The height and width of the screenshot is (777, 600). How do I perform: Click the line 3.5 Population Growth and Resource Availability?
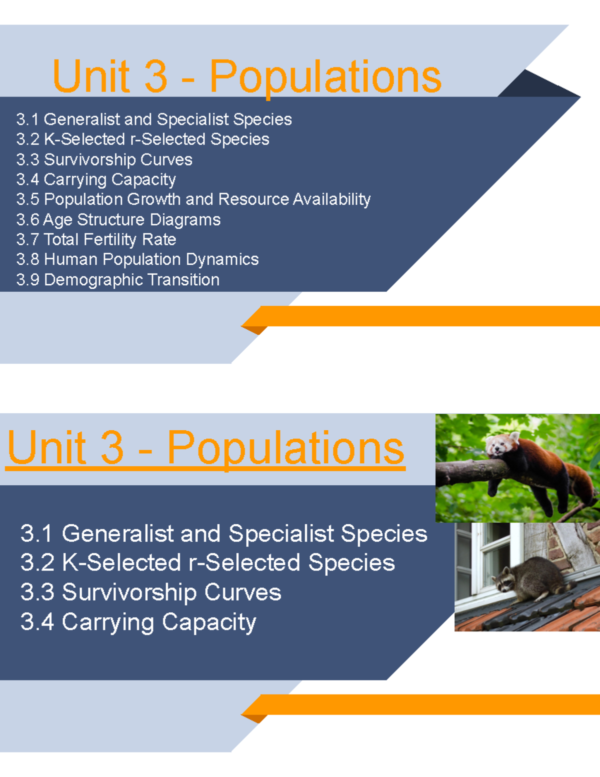point(193,199)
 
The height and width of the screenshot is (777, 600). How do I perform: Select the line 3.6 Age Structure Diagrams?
point(118,220)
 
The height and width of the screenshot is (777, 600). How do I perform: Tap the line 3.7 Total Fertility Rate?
point(96,240)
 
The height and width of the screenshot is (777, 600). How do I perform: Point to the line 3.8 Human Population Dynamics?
point(137,260)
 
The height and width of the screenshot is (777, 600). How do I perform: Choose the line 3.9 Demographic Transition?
point(117,280)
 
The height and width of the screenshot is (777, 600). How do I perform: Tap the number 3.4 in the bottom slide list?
point(37,622)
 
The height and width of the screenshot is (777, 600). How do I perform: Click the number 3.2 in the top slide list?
point(27,139)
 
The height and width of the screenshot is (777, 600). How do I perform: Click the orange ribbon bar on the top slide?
point(425,316)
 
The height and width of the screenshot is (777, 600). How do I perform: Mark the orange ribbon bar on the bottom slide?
point(425,704)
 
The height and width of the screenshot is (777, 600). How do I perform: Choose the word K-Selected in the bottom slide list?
point(121,563)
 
